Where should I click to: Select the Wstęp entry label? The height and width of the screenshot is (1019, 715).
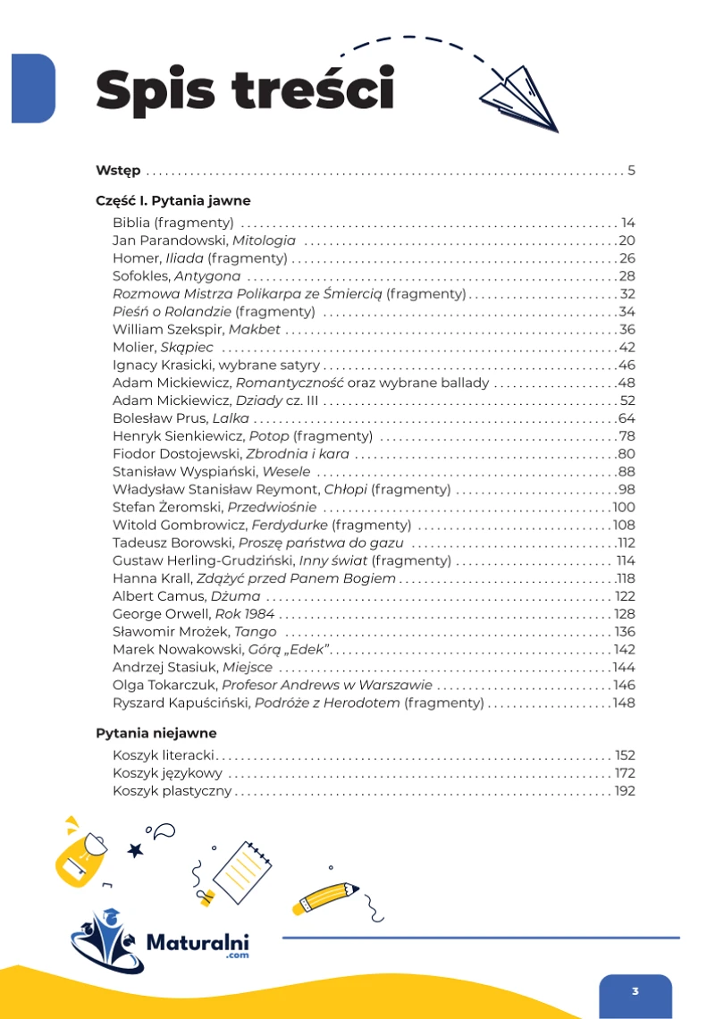click(x=118, y=171)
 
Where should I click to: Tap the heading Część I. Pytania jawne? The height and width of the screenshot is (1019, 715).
click(x=172, y=201)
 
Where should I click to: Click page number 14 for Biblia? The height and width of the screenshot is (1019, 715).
click(x=627, y=223)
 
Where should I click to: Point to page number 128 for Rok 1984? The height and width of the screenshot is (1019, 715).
click(x=625, y=614)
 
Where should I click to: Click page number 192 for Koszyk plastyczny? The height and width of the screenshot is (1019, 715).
click(x=625, y=791)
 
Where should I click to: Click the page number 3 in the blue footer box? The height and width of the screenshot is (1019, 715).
click(x=635, y=991)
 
